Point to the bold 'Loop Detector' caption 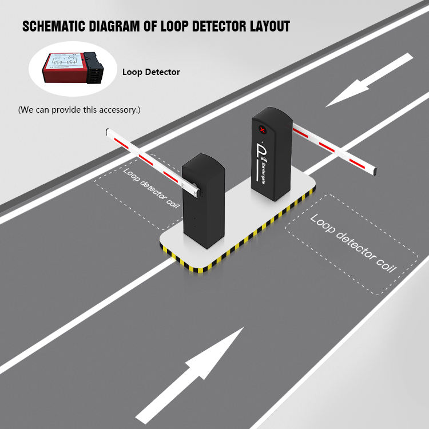pyautogui.click(x=151, y=72)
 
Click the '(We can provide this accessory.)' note pyautogui.click(x=79, y=109)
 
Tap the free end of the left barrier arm pyautogui.click(x=109, y=133)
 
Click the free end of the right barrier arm pyautogui.click(x=375, y=170)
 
